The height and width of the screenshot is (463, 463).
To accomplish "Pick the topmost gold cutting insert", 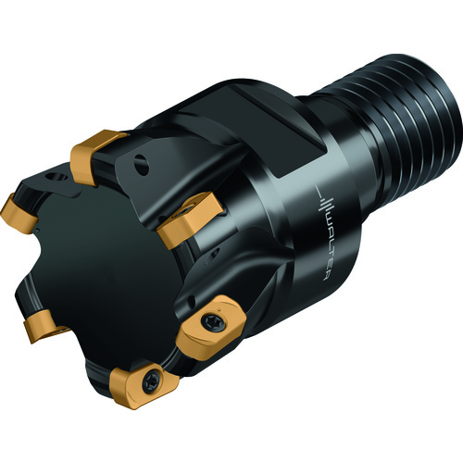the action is click(94, 155).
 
